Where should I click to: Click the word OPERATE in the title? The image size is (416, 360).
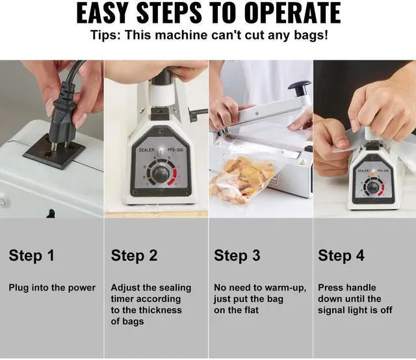pos(292,13)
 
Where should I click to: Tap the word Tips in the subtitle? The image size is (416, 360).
pos(104,36)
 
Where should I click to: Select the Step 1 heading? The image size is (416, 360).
pos(31,255)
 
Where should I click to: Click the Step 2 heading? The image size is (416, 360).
pos(134,255)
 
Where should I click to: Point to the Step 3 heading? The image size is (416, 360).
pos(237,255)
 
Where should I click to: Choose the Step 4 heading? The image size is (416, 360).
pos(341,255)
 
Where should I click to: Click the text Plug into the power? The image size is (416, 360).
pos(52,288)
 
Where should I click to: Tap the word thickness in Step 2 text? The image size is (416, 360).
pos(161,310)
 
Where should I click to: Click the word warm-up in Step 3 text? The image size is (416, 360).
pos(286,288)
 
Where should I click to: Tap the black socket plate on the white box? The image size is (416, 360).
pos(54,152)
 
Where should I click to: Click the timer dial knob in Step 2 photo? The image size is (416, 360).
pos(161,174)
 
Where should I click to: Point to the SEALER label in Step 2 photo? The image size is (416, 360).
pos(146,150)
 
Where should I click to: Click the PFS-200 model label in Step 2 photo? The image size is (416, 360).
pos(175,150)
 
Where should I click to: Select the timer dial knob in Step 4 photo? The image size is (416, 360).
pos(372,188)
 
